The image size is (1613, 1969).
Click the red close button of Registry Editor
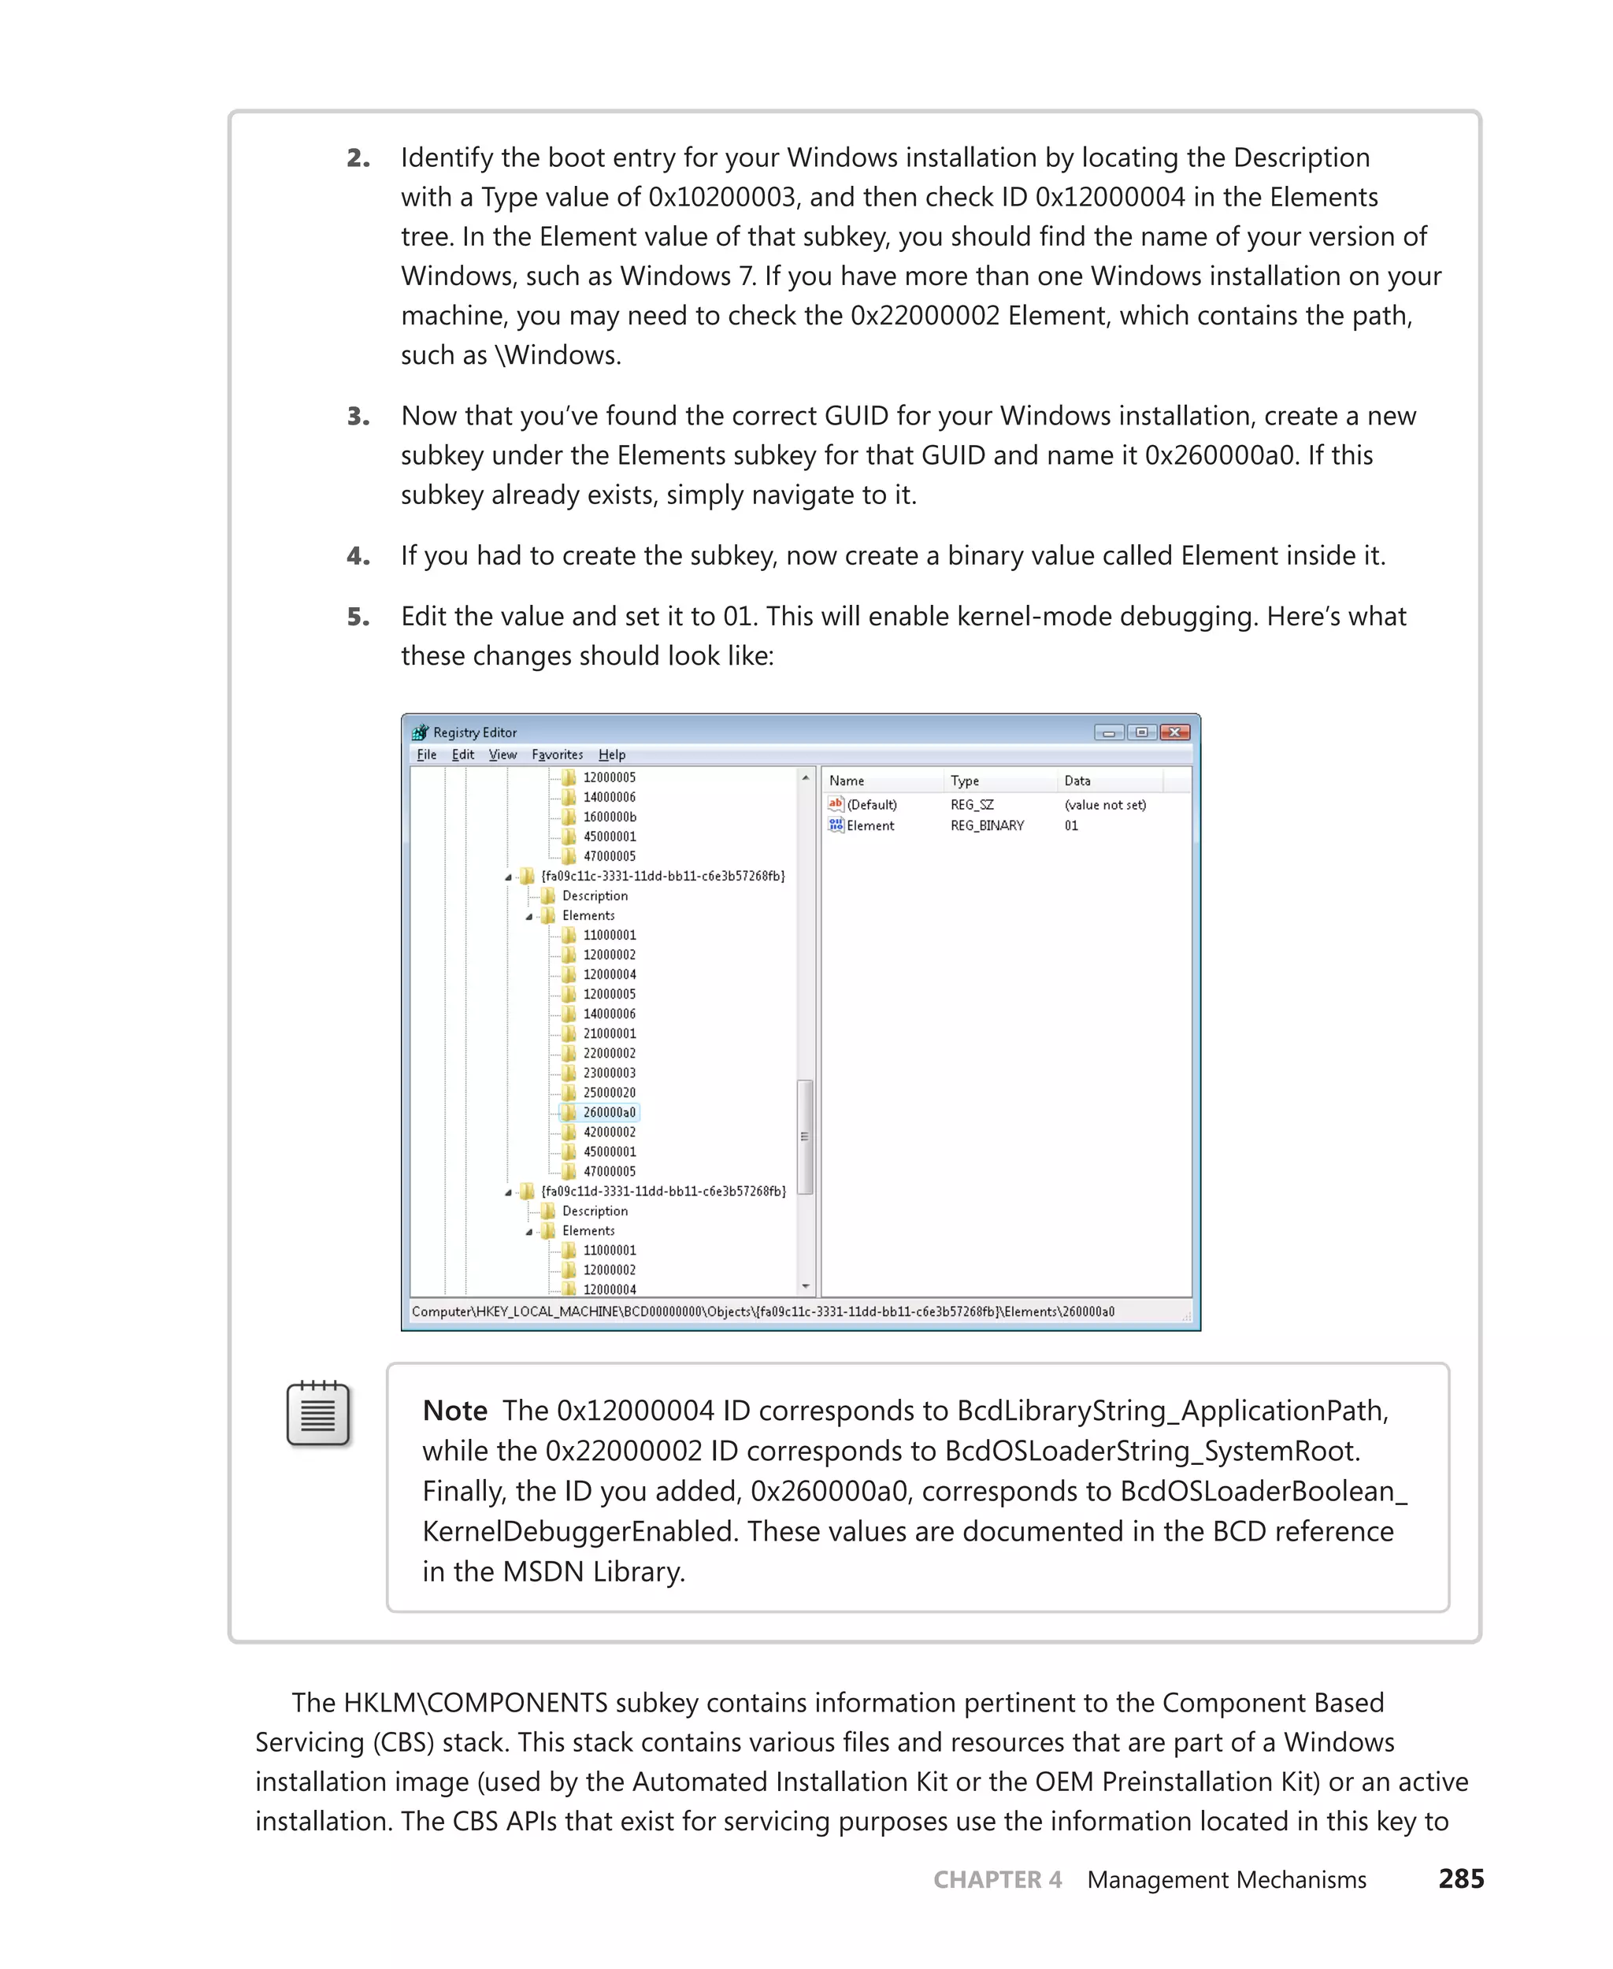coord(1174,732)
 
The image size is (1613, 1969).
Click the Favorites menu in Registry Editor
coord(557,755)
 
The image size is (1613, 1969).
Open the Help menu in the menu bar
coord(611,755)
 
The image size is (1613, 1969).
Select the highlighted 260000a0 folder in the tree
coord(609,1112)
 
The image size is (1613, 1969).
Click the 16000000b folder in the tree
coord(609,817)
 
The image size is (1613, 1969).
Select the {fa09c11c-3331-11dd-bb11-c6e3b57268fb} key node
coord(662,877)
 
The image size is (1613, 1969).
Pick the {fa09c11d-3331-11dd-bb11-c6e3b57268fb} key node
coord(662,1192)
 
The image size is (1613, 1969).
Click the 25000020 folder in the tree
coord(609,1092)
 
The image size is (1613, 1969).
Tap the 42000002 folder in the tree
coord(609,1132)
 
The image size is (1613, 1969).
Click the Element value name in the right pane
coord(870,825)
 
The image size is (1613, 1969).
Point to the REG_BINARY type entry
coord(987,825)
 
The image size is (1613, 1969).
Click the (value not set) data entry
coord(1105,805)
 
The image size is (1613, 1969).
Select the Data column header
coord(1077,781)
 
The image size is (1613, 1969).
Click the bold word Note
coord(454,1411)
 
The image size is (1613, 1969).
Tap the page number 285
coord(1461,1879)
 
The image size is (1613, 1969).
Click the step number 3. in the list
coord(358,417)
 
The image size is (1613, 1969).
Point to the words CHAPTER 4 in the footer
coord(997,1880)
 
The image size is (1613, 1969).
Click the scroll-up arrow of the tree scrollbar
coord(806,777)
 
